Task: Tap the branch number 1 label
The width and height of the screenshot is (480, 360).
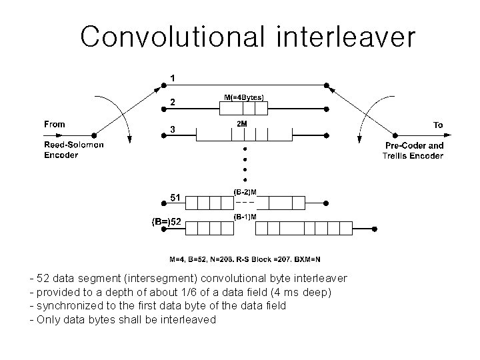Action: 173,78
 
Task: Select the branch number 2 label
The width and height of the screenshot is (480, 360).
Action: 173,103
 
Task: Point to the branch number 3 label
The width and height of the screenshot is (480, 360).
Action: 173,130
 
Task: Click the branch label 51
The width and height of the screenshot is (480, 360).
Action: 174,197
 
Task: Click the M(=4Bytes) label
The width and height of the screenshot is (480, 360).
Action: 243,97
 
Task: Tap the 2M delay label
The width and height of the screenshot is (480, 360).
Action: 243,124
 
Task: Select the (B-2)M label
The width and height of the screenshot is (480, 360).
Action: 245,192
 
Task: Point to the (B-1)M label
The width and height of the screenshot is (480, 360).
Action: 245,217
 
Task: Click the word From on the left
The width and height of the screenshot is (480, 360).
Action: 55,124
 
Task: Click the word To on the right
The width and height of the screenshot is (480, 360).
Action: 438,125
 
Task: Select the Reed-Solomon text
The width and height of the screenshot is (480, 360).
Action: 73,145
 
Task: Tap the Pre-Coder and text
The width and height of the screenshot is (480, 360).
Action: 414,145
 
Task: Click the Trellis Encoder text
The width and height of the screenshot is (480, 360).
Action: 413,155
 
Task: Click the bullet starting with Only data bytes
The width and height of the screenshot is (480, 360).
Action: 123,319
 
